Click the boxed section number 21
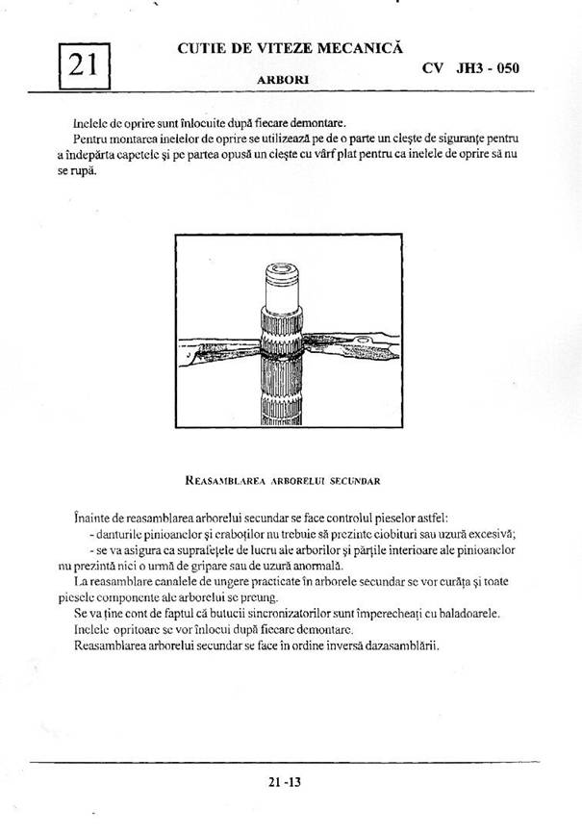point(83,64)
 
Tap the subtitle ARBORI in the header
point(283,81)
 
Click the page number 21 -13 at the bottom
point(286,782)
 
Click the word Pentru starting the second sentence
point(94,140)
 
